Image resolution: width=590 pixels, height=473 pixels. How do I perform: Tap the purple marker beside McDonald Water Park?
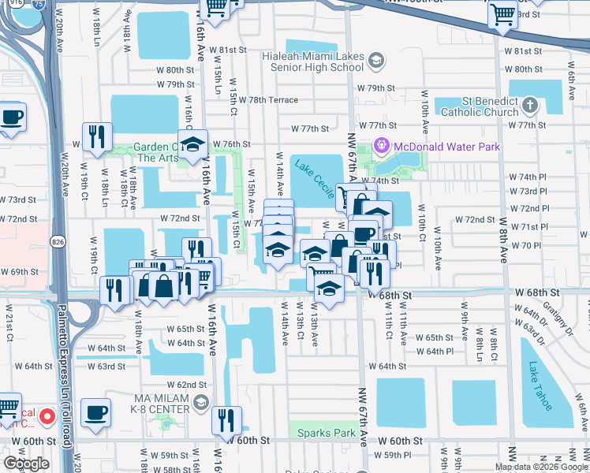(x=383, y=145)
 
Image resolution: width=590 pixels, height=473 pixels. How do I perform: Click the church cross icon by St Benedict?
(x=529, y=105)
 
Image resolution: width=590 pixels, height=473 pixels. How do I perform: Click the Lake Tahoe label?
(x=542, y=385)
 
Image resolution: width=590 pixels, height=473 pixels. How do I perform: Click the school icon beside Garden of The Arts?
(x=191, y=144)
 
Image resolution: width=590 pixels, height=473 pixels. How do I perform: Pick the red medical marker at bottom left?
(x=47, y=415)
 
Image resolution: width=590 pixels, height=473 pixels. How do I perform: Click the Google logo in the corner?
(x=27, y=464)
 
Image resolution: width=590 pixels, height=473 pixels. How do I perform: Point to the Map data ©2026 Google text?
(x=542, y=467)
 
